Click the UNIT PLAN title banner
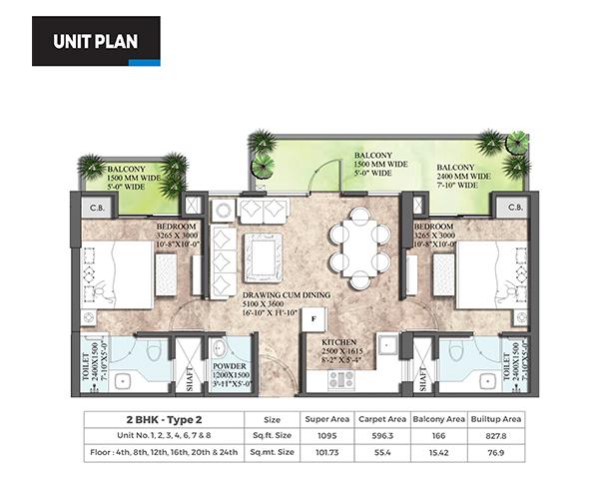[x=95, y=41]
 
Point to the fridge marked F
[x=313, y=318]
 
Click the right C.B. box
[x=515, y=208]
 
